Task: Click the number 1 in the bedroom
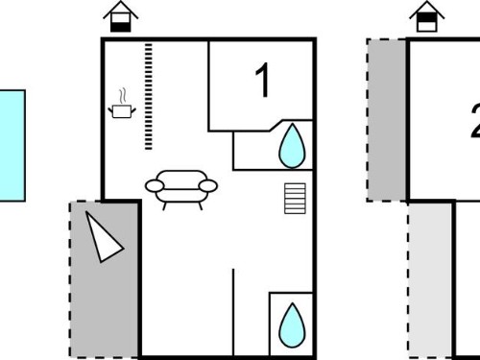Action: pyautogui.click(x=263, y=80)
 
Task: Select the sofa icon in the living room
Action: pyautogui.click(x=181, y=189)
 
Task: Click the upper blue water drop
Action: pyautogui.click(x=292, y=146)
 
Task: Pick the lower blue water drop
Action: pyautogui.click(x=292, y=325)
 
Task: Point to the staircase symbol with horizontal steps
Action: pyautogui.click(x=295, y=199)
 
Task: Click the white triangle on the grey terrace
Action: pyautogui.click(x=103, y=237)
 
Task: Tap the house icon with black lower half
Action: pyautogui.click(x=121, y=16)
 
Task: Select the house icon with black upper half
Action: pyautogui.click(x=427, y=16)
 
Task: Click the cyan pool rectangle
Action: pyautogui.click(x=12, y=146)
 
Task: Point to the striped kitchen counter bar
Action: pyautogui.click(x=148, y=97)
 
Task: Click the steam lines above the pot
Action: pyautogui.click(x=123, y=96)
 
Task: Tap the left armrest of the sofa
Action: pyautogui.click(x=155, y=186)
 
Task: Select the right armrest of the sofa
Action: pyautogui.click(x=208, y=186)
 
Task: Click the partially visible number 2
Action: pyautogui.click(x=475, y=121)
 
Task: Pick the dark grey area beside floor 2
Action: pyautogui.click(x=387, y=120)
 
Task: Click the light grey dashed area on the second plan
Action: pyautogui.click(x=430, y=280)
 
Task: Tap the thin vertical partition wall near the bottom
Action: pyautogui.click(x=233, y=312)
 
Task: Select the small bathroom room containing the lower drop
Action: pyautogui.click(x=291, y=324)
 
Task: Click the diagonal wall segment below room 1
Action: pyautogui.click(x=276, y=126)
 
